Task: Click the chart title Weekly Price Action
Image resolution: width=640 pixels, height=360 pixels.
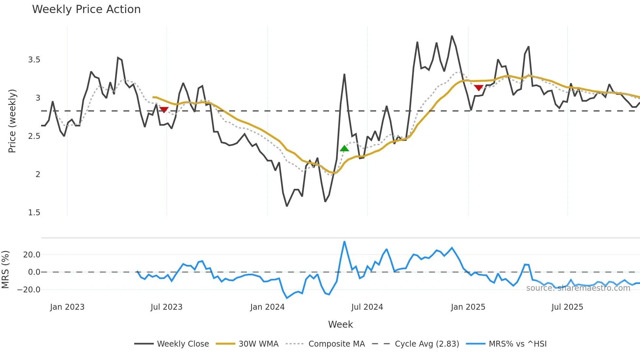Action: (86, 9)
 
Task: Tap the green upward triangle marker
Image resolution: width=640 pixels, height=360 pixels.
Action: (344, 149)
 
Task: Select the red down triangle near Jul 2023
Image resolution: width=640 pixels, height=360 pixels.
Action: (164, 110)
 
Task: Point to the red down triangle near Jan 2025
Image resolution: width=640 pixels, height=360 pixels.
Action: (478, 88)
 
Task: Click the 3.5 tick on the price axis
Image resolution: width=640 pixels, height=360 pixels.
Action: (34, 60)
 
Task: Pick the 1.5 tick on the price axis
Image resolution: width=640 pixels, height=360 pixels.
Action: (34, 213)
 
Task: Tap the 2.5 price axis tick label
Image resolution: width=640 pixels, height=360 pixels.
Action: (34, 136)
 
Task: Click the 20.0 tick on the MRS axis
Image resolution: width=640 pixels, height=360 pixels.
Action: (32, 255)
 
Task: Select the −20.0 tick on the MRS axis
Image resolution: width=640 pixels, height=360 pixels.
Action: (29, 290)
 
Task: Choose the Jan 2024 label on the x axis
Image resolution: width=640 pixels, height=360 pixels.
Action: (267, 307)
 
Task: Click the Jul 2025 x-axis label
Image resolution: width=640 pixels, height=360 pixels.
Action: (567, 307)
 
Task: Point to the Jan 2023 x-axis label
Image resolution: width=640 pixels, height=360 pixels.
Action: (67, 307)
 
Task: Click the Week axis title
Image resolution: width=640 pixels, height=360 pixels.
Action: (340, 324)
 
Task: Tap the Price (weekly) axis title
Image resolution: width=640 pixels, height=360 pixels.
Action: (12, 121)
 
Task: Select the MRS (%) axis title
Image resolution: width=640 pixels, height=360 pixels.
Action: (5, 270)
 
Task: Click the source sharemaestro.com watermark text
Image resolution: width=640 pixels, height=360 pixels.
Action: (578, 288)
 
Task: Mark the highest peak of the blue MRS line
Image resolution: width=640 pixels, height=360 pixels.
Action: (344, 242)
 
